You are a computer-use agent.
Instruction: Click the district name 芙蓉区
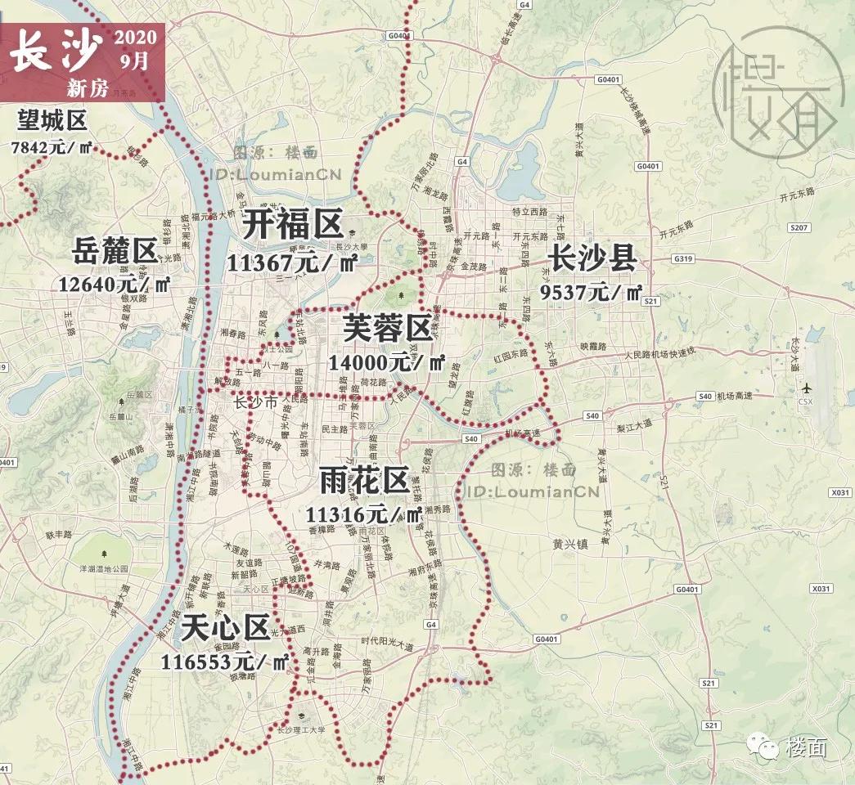(x=387, y=329)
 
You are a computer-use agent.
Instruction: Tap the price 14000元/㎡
(x=386, y=361)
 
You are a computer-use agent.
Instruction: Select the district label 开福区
(x=292, y=224)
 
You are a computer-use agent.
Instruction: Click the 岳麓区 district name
(x=115, y=251)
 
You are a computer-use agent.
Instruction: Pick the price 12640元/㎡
(x=115, y=284)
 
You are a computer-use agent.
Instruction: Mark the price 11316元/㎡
(x=363, y=514)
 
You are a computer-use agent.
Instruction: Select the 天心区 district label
(x=225, y=629)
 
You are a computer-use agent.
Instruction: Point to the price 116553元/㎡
(x=225, y=662)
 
